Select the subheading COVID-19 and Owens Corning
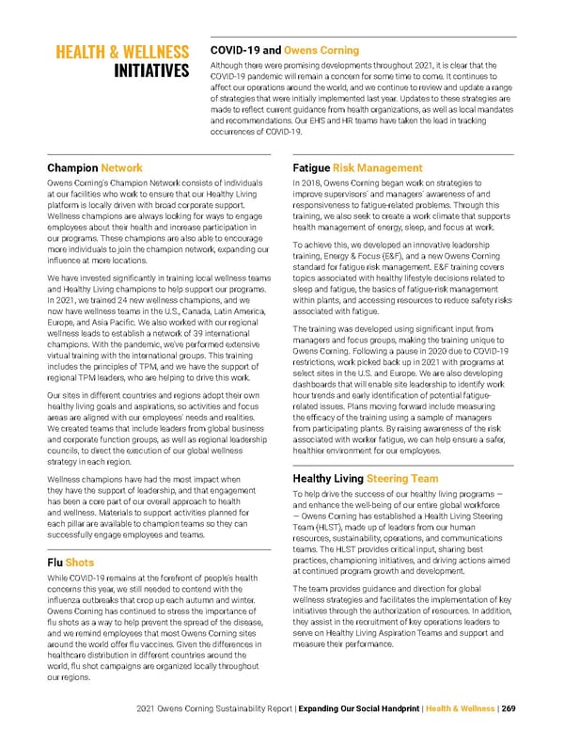286,50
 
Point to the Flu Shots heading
70,563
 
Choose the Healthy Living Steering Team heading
366,478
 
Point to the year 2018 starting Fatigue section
316,182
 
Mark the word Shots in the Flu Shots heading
80,563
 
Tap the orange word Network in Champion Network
121,167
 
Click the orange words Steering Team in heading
401,478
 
